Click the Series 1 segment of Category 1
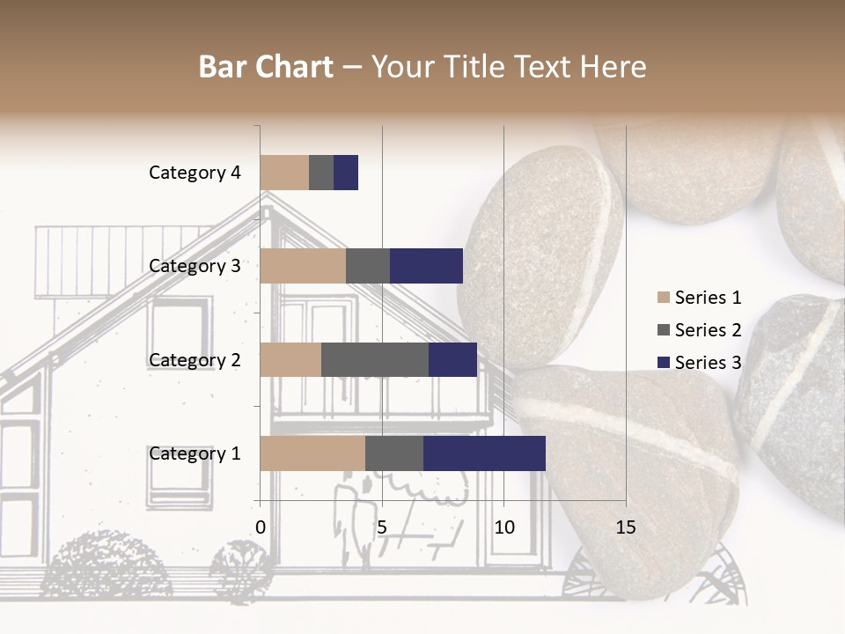[312, 453]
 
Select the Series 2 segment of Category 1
[393, 453]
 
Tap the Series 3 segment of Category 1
[484, 453]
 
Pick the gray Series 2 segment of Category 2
[374, 359]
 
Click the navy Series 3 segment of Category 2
[452, 359]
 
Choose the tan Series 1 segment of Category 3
[303, 266]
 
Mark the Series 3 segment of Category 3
[426, 266]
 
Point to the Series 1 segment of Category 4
[284, 173]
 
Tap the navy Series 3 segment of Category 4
[346, 173]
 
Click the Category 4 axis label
[195, 173]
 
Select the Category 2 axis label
[195, 359]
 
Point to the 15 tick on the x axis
[625, 527]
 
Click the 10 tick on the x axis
[503, 527]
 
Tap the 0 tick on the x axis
[261, 527]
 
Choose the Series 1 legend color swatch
[664, 298]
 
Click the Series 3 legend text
[708, 363]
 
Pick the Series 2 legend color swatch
[664, 330]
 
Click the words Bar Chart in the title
[266, 67]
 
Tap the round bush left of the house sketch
[107, 564]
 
